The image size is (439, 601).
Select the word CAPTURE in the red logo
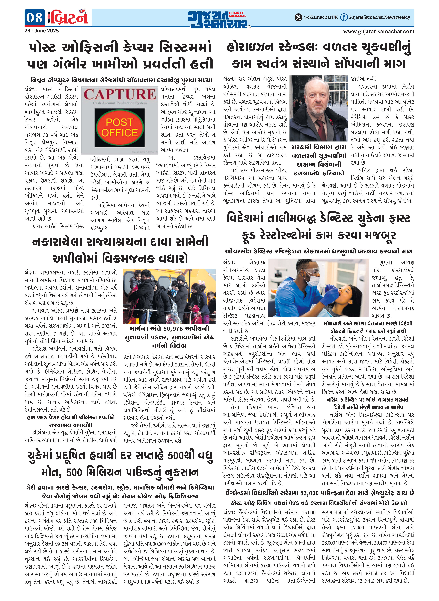tap(120, 94)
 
